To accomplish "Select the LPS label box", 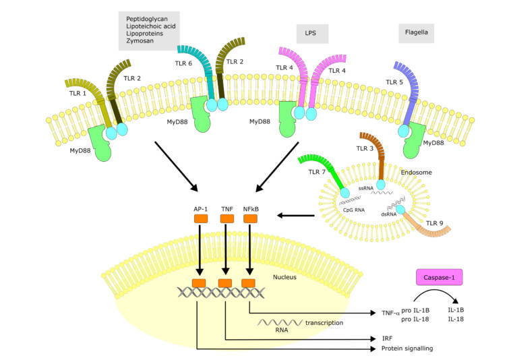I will click(311, 33).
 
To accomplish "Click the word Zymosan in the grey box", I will click(140, 41).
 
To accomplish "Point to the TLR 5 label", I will click(396, 82).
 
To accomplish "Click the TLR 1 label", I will click(78, 93).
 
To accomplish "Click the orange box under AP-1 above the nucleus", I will click(201, 219).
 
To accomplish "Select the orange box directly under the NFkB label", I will click(250, 219).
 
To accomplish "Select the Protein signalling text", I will click(405, 349).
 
